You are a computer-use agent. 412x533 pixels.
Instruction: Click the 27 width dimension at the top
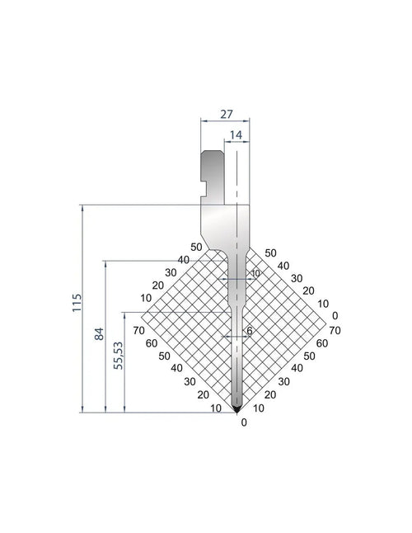click(x=227, y=114)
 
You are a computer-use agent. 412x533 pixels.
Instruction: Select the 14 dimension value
click(x=236, y=135)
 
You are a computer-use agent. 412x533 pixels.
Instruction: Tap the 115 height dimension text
click(x=77, y=303)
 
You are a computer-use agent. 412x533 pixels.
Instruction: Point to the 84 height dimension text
click(x=99, y=334)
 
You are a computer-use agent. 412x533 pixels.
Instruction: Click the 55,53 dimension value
click(x=119, y=356)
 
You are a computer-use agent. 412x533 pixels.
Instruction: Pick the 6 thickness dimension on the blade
click(x=250, y=330)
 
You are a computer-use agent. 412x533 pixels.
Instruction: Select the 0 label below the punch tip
click(x=244, y=422)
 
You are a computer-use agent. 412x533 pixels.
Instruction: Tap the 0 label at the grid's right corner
click(x=335, y=316)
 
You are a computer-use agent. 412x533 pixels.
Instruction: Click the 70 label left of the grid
click(x=138, y=330)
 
